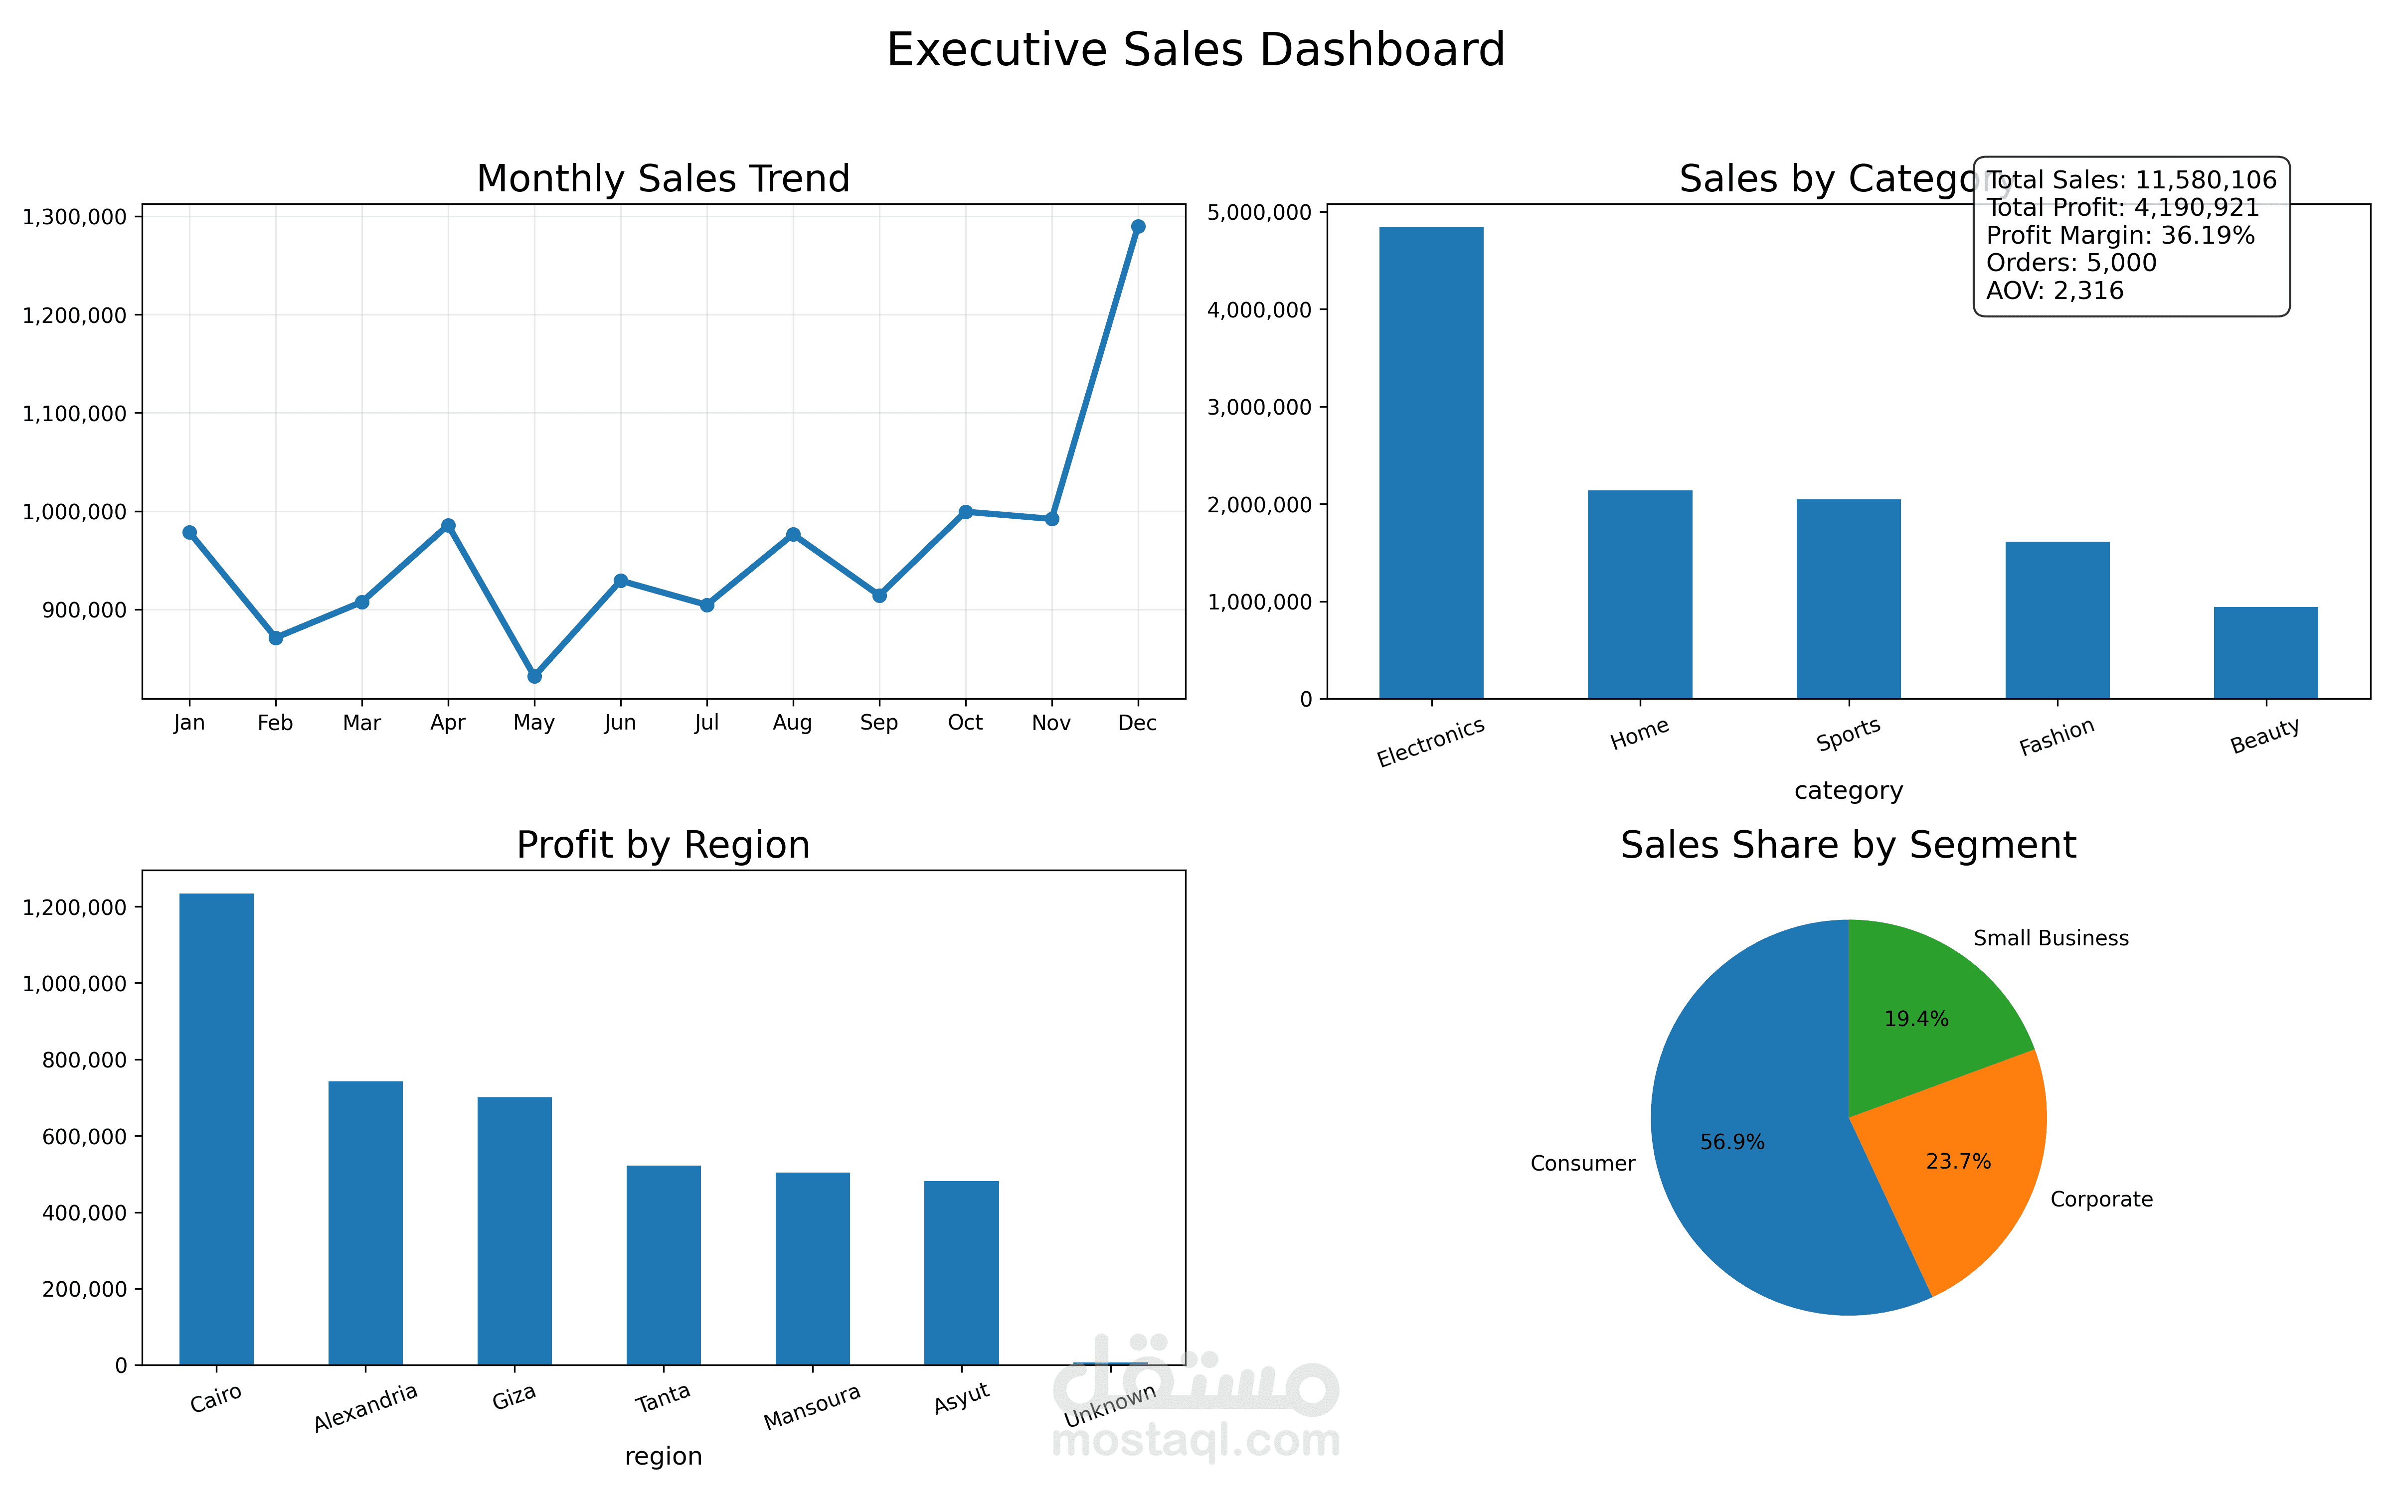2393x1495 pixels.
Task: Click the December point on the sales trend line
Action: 1138,226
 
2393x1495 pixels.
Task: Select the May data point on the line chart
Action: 535,676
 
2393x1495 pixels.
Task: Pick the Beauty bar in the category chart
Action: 2265,653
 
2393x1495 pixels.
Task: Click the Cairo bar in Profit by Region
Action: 216,1129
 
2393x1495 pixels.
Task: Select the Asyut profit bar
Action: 961,1274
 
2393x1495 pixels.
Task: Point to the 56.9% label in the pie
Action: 1732,1142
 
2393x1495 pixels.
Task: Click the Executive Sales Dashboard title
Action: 1196,49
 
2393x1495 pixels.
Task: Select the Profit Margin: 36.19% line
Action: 2120,235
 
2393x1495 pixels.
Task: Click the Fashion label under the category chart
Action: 2057,737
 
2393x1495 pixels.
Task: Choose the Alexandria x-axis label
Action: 366,1407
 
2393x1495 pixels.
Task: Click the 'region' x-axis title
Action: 664,1457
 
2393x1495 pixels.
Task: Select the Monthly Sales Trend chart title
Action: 664,179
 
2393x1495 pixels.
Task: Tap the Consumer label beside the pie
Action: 1583,1164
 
